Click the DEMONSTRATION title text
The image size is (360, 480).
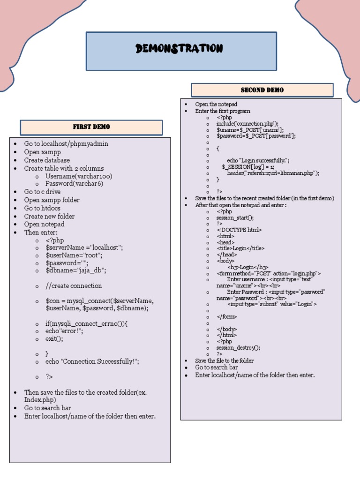[x=179, y=49]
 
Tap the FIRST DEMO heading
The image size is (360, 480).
[x=91, y=127]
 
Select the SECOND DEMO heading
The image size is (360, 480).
[x=262, y=90]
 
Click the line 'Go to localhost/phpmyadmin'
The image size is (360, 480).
[x=66, y=144]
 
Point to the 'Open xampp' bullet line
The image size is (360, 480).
[x=43, y=152]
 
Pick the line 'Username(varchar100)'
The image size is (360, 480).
[x=79, y=176]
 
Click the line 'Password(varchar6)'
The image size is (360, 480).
[x=74, y=184]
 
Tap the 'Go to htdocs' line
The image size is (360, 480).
[x=45, y=208]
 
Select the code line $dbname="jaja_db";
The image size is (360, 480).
[x=76, y=270]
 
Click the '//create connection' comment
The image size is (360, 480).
[x=74, y=286]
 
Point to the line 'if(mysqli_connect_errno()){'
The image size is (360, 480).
[x=87, y=324]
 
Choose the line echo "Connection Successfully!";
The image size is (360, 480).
[x=92, y=362]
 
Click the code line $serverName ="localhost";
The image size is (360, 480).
[x=84, y=247]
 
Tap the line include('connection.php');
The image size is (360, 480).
[x=247, y=124]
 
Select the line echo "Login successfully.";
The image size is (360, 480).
[x=258, y=161]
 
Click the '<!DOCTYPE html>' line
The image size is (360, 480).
[x=239, y=230]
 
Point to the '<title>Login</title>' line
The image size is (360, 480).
[x=240, y=248]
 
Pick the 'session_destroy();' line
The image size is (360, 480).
[x=238, y=348]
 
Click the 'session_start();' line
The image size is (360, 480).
[x=235, y=217]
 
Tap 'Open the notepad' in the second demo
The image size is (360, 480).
[x=216, y=104]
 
